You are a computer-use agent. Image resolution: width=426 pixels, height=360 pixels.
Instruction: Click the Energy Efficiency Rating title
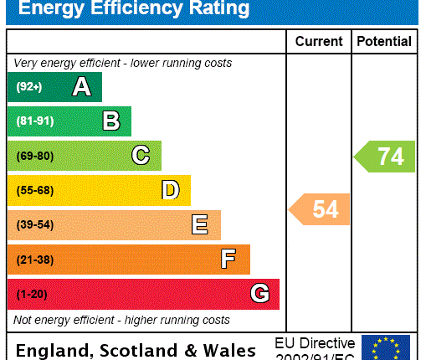click(134, 9)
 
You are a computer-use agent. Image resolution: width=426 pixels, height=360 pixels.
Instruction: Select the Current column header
click(319, 41)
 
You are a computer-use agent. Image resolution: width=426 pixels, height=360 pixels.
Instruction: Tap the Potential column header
click(384, 41)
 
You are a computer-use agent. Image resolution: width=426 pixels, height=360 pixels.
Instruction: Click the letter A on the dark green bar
click(81, 86)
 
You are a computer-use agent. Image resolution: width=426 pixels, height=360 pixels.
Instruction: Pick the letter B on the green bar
click(110, 121)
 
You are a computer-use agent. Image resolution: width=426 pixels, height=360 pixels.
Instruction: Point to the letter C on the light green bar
click(141, 156)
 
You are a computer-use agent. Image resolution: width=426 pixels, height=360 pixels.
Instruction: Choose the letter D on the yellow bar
click(170, 190)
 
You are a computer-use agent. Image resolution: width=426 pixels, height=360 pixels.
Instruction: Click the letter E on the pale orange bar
click(199, 224)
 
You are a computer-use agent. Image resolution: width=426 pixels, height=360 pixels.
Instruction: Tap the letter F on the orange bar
click(228, 260)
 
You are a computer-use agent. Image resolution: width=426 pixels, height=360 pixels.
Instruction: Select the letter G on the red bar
click(259, 294)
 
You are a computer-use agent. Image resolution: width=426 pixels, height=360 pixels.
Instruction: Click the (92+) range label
click(29, 87)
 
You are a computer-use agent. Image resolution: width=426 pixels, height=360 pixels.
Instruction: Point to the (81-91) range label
click(34, 121)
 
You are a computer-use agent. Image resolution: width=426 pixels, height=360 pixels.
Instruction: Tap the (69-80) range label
click(34, 156)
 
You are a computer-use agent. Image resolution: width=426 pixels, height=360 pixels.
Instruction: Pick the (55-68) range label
click(34, 190)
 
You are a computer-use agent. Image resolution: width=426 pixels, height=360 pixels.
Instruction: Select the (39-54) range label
click(34, 224)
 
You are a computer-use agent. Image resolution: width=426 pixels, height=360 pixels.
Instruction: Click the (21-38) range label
click(34, 260)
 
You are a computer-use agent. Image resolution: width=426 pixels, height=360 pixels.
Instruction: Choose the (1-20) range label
click(32, 294)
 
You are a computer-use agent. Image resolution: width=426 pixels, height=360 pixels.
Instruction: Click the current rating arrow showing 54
click(320, 208)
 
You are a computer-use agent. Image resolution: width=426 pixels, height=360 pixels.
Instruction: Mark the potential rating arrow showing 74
click(385, 157)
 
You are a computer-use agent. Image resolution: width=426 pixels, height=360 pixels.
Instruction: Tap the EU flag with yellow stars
click(386, 347)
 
